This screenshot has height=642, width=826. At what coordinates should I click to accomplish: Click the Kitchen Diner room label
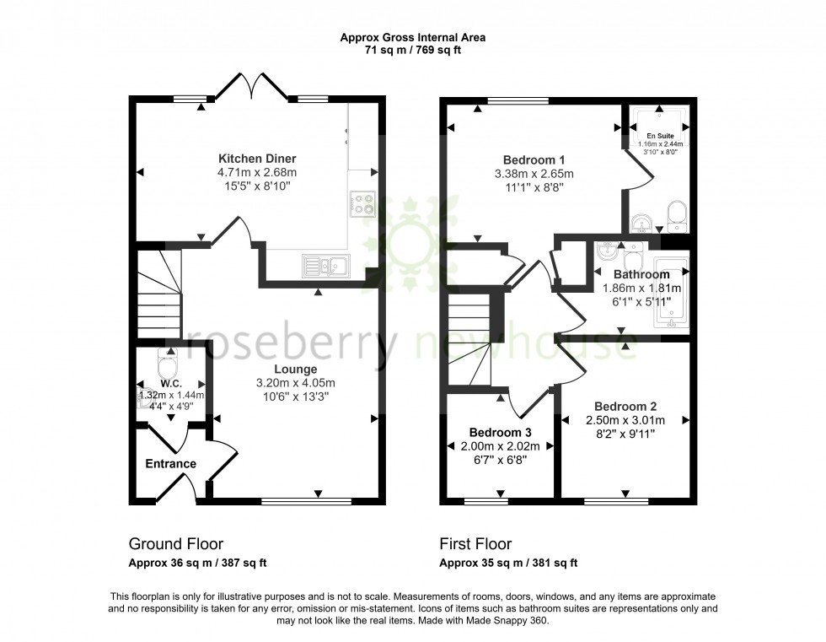pyautogui.click(x=257, y=159)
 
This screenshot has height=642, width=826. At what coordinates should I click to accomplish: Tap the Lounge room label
pyautogui.click(x=295, y=370)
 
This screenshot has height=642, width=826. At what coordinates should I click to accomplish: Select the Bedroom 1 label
pyautogui.click(x=534, y=160)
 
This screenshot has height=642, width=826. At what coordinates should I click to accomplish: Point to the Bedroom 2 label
pyautogui.click(x=625, y=406)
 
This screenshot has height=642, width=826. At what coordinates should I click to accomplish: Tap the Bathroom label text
pyautogui.click(x=641, y=274)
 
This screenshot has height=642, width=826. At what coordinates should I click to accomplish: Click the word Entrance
pyautogui.click(x=170, y=464)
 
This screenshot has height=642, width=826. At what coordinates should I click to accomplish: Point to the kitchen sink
pyautogui.click(x=328, y=267)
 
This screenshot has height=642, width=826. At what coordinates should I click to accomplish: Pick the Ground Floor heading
pyautogui.click(x=175, y=544)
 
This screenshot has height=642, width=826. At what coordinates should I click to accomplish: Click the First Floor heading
pyautogui.click(x=475, y=544)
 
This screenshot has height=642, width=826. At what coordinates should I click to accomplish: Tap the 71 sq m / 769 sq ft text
pyautogui.click(x=412, y=50)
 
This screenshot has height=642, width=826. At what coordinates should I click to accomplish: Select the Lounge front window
pyautogui.click(x=306, y=501)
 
